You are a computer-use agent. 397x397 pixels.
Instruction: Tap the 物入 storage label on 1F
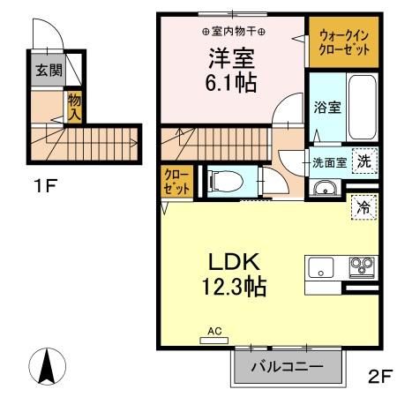(75, 108)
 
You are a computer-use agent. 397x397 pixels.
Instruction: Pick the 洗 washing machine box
(363, 161)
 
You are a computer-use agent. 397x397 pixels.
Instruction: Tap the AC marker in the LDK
(213, 332)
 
